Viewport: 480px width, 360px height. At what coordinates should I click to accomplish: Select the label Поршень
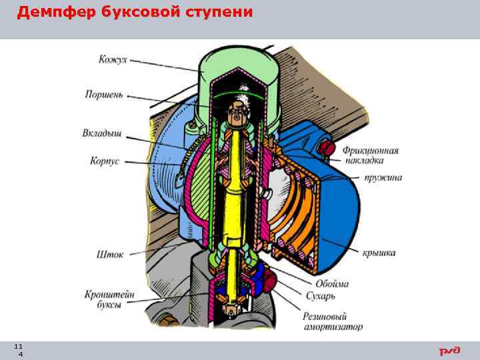coord(104,95)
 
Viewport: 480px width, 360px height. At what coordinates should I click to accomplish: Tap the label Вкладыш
coord(102,133)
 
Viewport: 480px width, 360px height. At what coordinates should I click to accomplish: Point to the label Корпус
coord(105,161)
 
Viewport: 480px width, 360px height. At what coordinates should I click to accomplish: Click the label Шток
coord(110,255)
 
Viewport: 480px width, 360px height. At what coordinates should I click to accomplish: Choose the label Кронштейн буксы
coord(103,299)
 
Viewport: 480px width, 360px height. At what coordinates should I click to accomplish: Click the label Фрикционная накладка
coord(372,155)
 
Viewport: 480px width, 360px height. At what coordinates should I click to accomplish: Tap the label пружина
coord(382,178)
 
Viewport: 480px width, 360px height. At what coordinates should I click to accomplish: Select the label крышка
coord(379,253)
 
